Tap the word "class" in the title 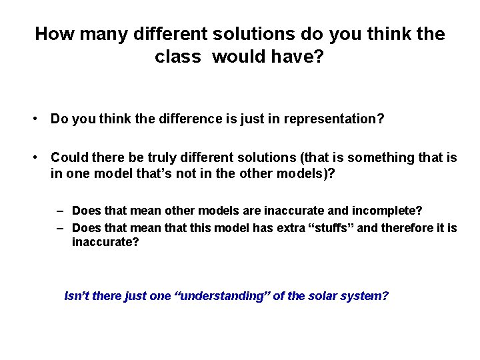point(177,57)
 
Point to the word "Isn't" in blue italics point(77,296)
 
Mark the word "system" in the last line point(365,296)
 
